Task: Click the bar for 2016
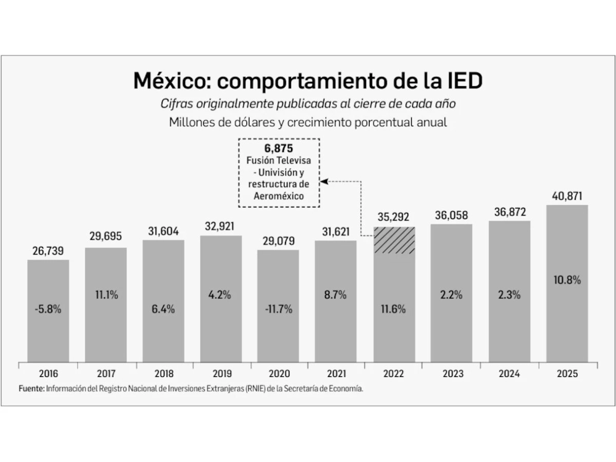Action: (48, 311)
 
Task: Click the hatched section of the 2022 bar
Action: (394, 240)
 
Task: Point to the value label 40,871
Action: (567, 196)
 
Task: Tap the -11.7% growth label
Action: (278, 309)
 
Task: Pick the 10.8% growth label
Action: (567, 280)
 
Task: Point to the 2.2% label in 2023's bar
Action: (452, 295)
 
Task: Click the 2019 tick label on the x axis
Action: (221, 374)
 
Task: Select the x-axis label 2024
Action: (509, 374)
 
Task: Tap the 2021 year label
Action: (336, 374)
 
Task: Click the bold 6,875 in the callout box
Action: (279, 149)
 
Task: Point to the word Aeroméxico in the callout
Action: (279, 196)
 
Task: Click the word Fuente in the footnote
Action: (31, 389)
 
